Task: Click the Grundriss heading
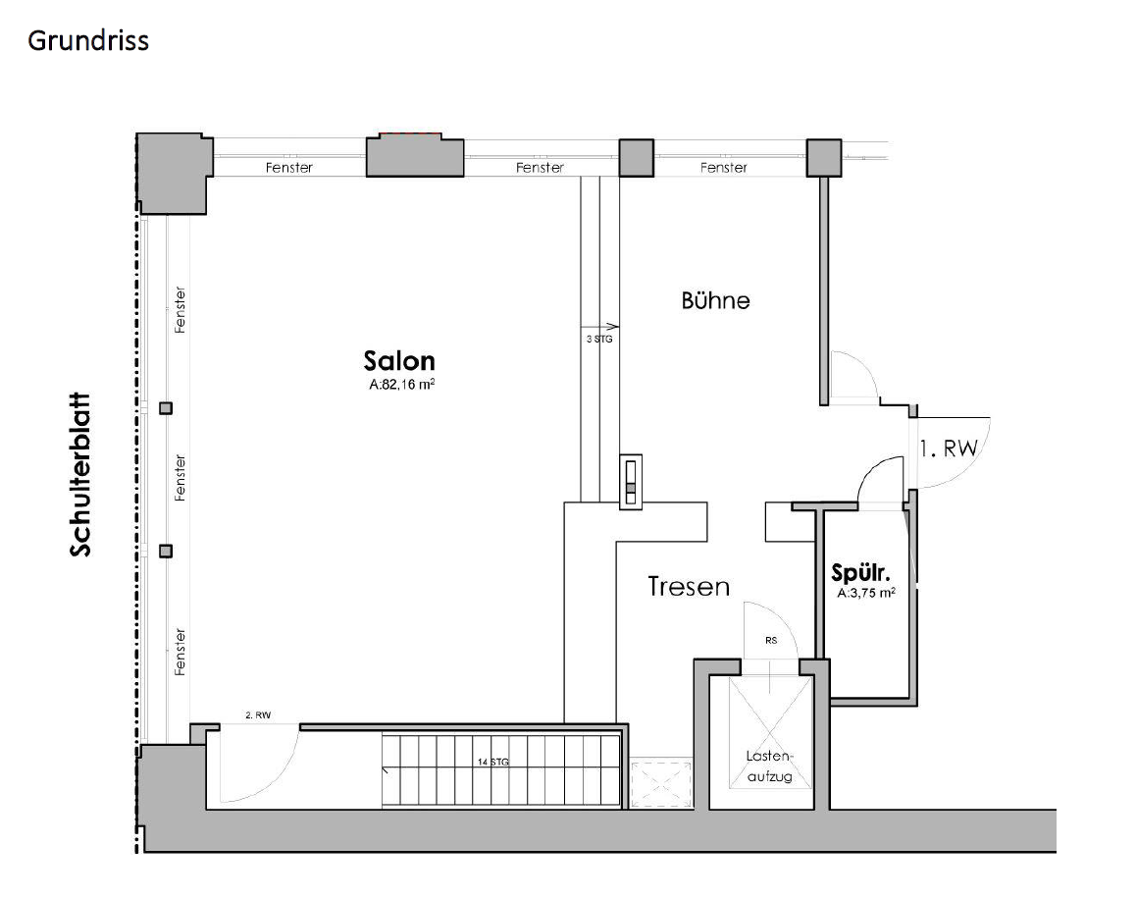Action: point(87,41)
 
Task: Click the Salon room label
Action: point(399,360)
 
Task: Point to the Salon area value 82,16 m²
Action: point(401,385)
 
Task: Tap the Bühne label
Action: point(715,299)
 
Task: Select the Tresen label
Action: point(688,586)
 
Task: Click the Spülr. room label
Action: point(860,573)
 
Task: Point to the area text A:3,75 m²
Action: point(866,593)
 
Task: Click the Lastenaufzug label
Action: point(770,766)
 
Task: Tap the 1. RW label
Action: point(949,449)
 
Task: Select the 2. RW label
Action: point(258,715)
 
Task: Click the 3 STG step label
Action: point(599,339)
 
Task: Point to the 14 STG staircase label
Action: point(493,762)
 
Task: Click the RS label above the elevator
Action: point(771,641)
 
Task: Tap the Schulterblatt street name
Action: point(80,475)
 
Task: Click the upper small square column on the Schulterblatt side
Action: point(166,408)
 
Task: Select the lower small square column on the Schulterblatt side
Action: point(166,552)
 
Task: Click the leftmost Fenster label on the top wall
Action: point(288,168)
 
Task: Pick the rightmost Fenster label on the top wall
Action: point(724,168)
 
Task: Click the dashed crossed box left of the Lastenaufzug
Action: point(661,783)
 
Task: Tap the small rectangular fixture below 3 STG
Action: point(631,482)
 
